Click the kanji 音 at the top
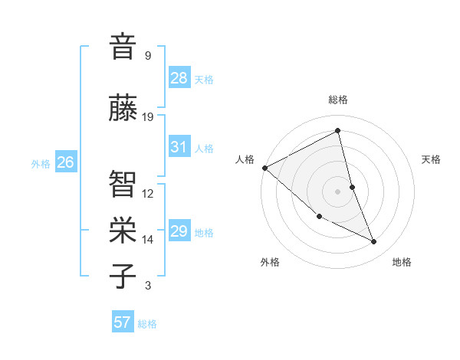click(x=122, y=47)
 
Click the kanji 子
click(x=122, y=277)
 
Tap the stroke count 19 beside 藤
click(x=148, y=117)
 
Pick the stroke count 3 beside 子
click(x=148, y=286)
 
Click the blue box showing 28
click(x=179, y=78)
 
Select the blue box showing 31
click(x=179, y=147)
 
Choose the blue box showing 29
click(x=179, y=231)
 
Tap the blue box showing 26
click(x=66, y=162)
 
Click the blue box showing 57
click(x=123, y=322)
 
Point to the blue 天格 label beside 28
click(x=204, y=80)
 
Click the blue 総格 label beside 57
click(x=147, y=324)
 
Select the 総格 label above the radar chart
click(x=338, y=100)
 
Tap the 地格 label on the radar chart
click(x=402, y=262)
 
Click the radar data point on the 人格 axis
click(x=264, y=168)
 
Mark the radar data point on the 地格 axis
click(x=374, y=242)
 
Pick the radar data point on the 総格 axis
click(x=338, y=130)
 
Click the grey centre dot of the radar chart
click(x=338, y=191)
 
